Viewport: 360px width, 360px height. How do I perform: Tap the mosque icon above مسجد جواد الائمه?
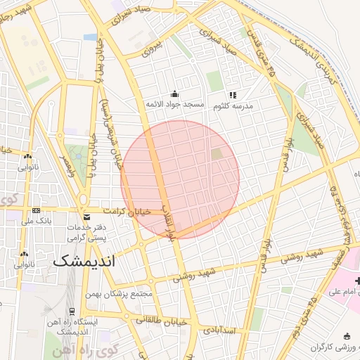tap(174, 94)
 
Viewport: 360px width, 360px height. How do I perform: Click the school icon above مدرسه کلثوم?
tap(233, 95)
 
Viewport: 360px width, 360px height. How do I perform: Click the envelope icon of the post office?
tap(86, 217)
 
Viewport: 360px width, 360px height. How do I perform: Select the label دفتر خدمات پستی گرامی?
tap(87, 234)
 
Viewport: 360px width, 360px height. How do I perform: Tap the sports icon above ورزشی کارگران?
tap(345, 336)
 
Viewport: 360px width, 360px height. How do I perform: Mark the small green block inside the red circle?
tap(217, 154)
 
